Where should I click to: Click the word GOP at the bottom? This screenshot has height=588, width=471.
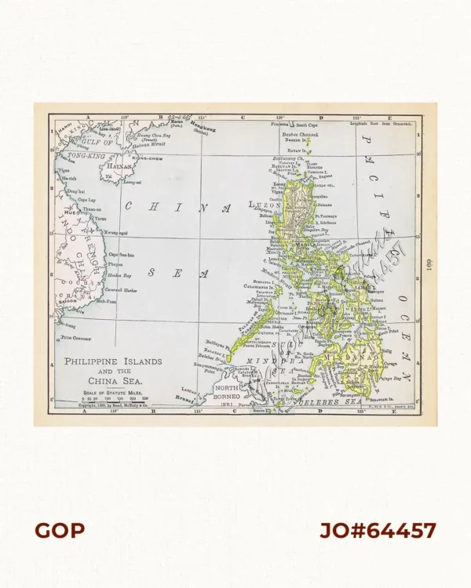click(60, 531)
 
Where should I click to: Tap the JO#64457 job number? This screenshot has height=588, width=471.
click(378, 531)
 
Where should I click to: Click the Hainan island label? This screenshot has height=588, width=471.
click(119, 166)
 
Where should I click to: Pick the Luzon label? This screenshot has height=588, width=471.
click(265, 205)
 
